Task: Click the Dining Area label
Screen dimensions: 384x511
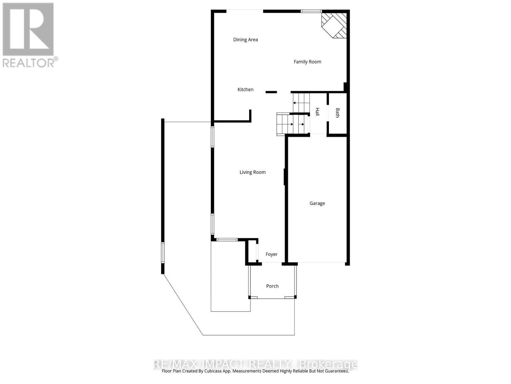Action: click(245, 40)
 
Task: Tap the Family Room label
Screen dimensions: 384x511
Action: click(307, 62)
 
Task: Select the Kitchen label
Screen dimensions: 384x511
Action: click(245, 90)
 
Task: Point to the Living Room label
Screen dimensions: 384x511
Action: click(252, 172)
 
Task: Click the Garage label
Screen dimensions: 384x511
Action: click(317, 203)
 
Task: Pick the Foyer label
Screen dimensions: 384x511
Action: click(271, 254)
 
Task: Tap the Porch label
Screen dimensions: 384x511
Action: click(272, 286)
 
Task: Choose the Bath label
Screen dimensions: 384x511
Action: click(338, 113)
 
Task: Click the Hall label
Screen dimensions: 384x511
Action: click(317, 112)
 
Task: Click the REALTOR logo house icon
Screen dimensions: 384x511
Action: click(28, 29)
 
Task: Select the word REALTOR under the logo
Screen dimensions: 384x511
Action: click(29, 62)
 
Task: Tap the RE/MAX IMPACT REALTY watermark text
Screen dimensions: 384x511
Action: click(222, 364)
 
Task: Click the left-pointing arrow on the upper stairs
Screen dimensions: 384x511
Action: click(294, 103)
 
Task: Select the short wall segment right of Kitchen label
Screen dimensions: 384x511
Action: click(271, 92)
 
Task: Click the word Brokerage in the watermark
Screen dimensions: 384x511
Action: click(328, 364)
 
